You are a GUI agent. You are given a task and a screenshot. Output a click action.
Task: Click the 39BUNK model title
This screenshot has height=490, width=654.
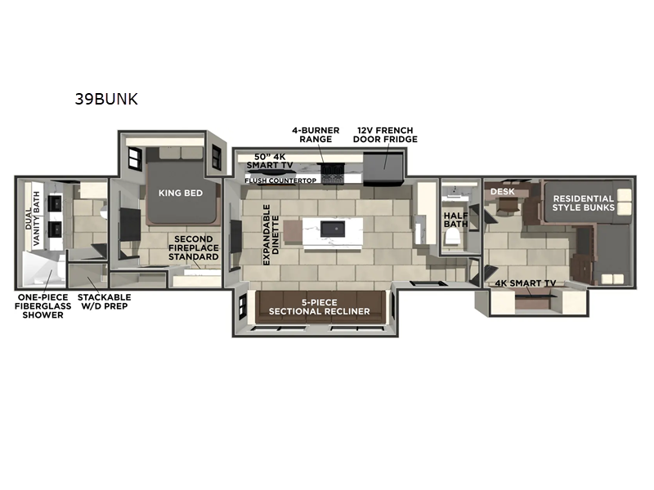click(105, 100)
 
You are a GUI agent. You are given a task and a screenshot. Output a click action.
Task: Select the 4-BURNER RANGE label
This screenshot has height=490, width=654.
click(316, 135)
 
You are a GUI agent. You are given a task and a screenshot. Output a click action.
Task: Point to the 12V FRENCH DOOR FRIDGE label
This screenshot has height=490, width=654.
click(385, 135)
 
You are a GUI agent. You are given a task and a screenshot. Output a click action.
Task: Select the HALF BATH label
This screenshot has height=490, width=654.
click(454, 220)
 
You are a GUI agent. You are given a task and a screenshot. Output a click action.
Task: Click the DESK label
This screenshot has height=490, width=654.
click(501, 191)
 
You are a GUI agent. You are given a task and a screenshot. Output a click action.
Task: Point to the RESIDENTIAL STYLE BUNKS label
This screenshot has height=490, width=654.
click(582, 203)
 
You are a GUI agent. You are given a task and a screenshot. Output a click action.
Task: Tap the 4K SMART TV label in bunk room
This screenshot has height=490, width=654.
click(526, 283)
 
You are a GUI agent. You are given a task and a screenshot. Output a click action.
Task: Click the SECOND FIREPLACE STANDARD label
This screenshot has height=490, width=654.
click(194, 248)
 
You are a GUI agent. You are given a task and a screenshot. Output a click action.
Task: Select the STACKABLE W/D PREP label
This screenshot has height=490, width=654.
click(104, 302)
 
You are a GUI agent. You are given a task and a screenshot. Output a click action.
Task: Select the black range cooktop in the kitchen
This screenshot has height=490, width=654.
click(333, 172)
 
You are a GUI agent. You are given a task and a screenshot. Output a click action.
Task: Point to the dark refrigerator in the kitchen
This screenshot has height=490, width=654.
click(382, 166)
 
